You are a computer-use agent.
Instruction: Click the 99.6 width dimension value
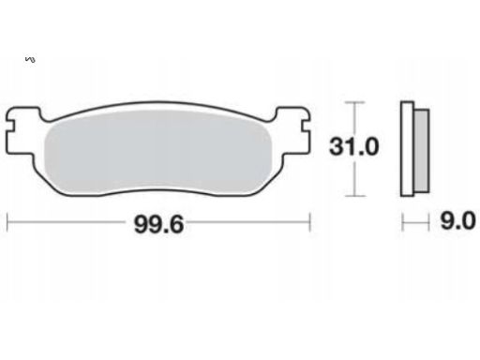(158, 224)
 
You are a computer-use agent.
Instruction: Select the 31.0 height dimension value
(354, 146)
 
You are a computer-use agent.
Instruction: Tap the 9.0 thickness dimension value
(457, 220)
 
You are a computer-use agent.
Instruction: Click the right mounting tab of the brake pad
(292, 131)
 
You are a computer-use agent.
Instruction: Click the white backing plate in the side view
(407, 149)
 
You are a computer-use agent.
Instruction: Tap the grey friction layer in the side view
(422, 151)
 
